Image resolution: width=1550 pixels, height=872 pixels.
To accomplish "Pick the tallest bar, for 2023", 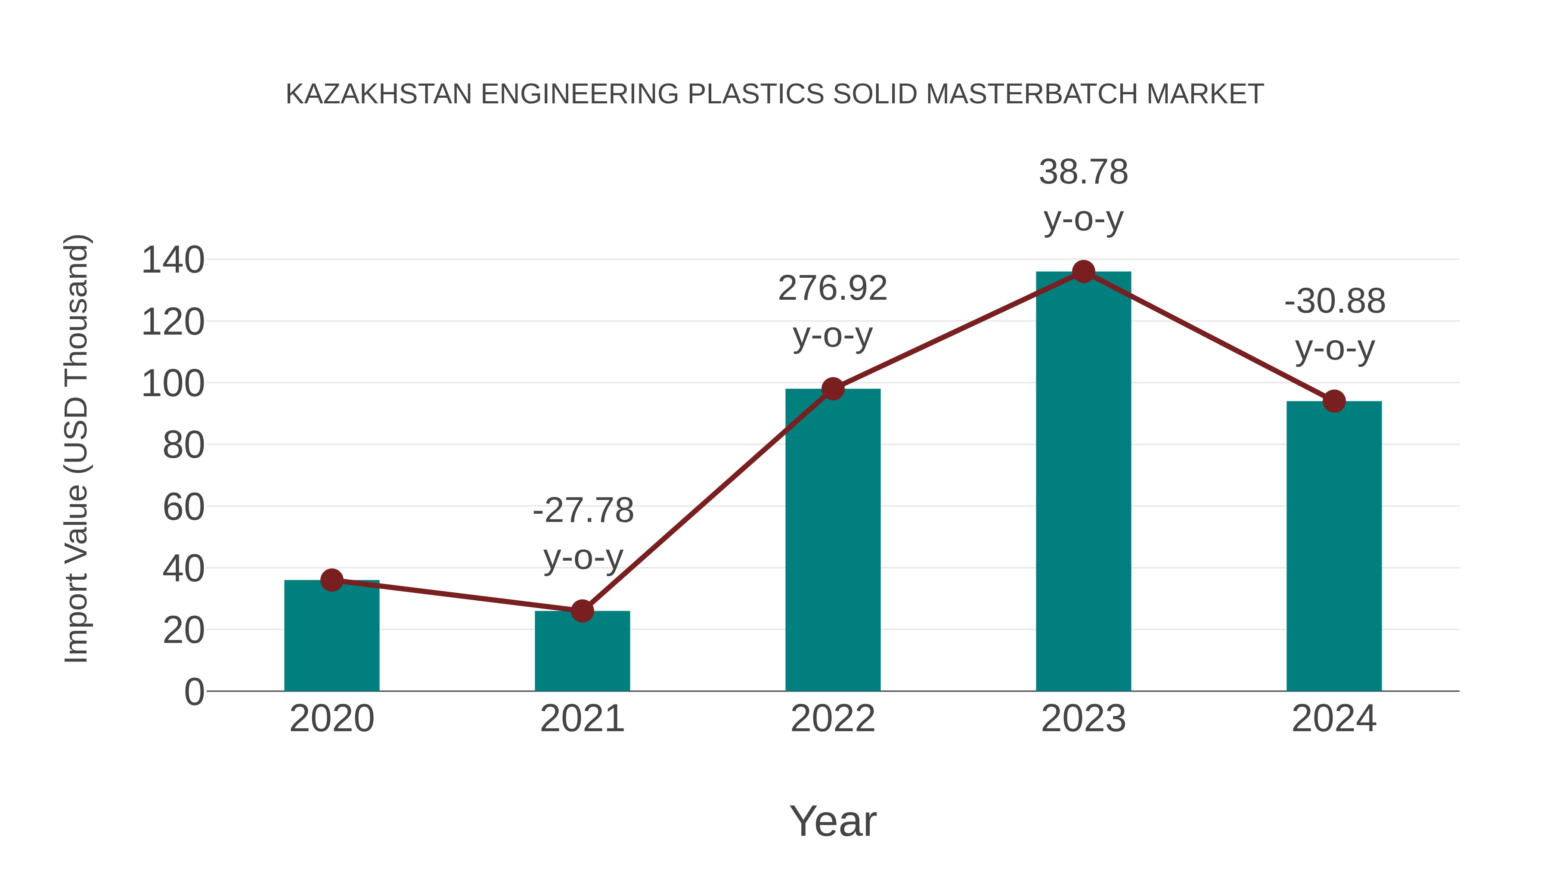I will pos(1083,481).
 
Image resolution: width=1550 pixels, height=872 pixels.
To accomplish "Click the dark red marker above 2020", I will pos(332,580).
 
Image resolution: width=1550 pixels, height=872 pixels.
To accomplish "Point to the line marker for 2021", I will pos(582,611).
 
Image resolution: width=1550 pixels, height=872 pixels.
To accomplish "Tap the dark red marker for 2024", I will pos(1334,401).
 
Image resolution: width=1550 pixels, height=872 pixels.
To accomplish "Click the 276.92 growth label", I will pos(832,288).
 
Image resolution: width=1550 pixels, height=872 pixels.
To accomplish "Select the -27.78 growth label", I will pos(583,511).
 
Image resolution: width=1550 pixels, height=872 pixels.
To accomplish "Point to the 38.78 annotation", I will pos(1083,173).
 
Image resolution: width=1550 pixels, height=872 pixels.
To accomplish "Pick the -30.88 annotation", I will pos(1335,301).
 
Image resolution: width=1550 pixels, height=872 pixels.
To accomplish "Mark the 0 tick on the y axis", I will pos(194,692).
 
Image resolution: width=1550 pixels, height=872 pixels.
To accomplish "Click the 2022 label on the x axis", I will pos(833,719).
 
